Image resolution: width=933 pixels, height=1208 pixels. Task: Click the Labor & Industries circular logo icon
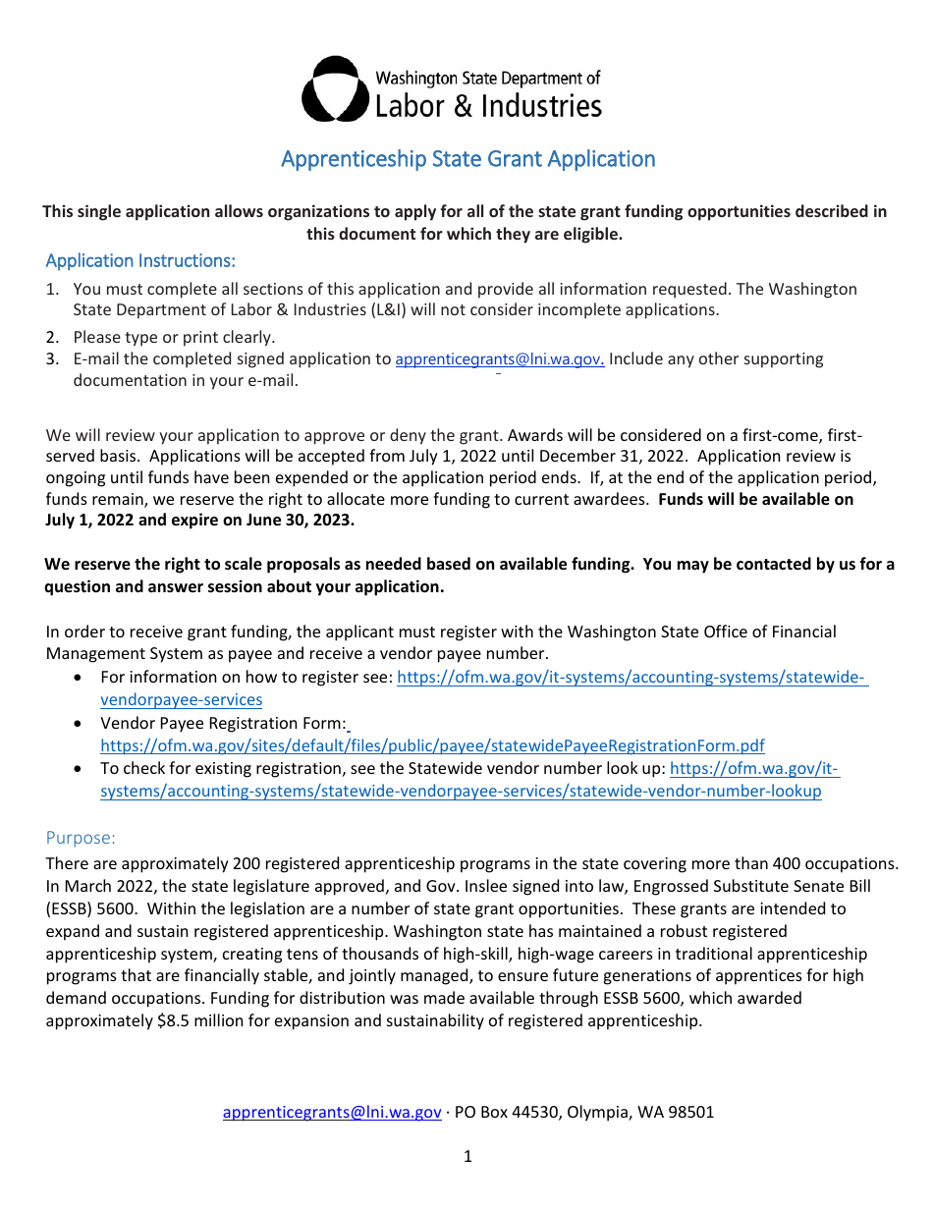coord(335,89)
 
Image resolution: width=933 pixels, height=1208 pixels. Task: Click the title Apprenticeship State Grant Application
coord(467,159)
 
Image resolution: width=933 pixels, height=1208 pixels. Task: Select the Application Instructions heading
coord(140,261)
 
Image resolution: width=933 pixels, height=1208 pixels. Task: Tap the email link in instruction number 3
coord(499,359)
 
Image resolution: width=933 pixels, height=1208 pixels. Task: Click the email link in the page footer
coord(332,1112)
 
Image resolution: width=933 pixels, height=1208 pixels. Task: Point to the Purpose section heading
coord(81,838)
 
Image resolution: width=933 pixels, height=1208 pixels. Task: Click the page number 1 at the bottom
coord(467,1157)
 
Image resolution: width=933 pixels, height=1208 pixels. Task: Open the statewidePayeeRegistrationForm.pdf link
coord(432,745)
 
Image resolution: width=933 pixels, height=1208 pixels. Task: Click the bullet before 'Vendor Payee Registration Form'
coord(79,724)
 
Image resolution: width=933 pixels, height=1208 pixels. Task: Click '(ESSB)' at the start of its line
coord(70,908)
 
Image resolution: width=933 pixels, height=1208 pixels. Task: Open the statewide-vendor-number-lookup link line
coord(461,791)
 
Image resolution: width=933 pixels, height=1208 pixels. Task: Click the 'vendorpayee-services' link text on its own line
coord(181,700)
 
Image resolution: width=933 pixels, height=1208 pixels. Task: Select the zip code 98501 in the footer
coord(691,1112)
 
